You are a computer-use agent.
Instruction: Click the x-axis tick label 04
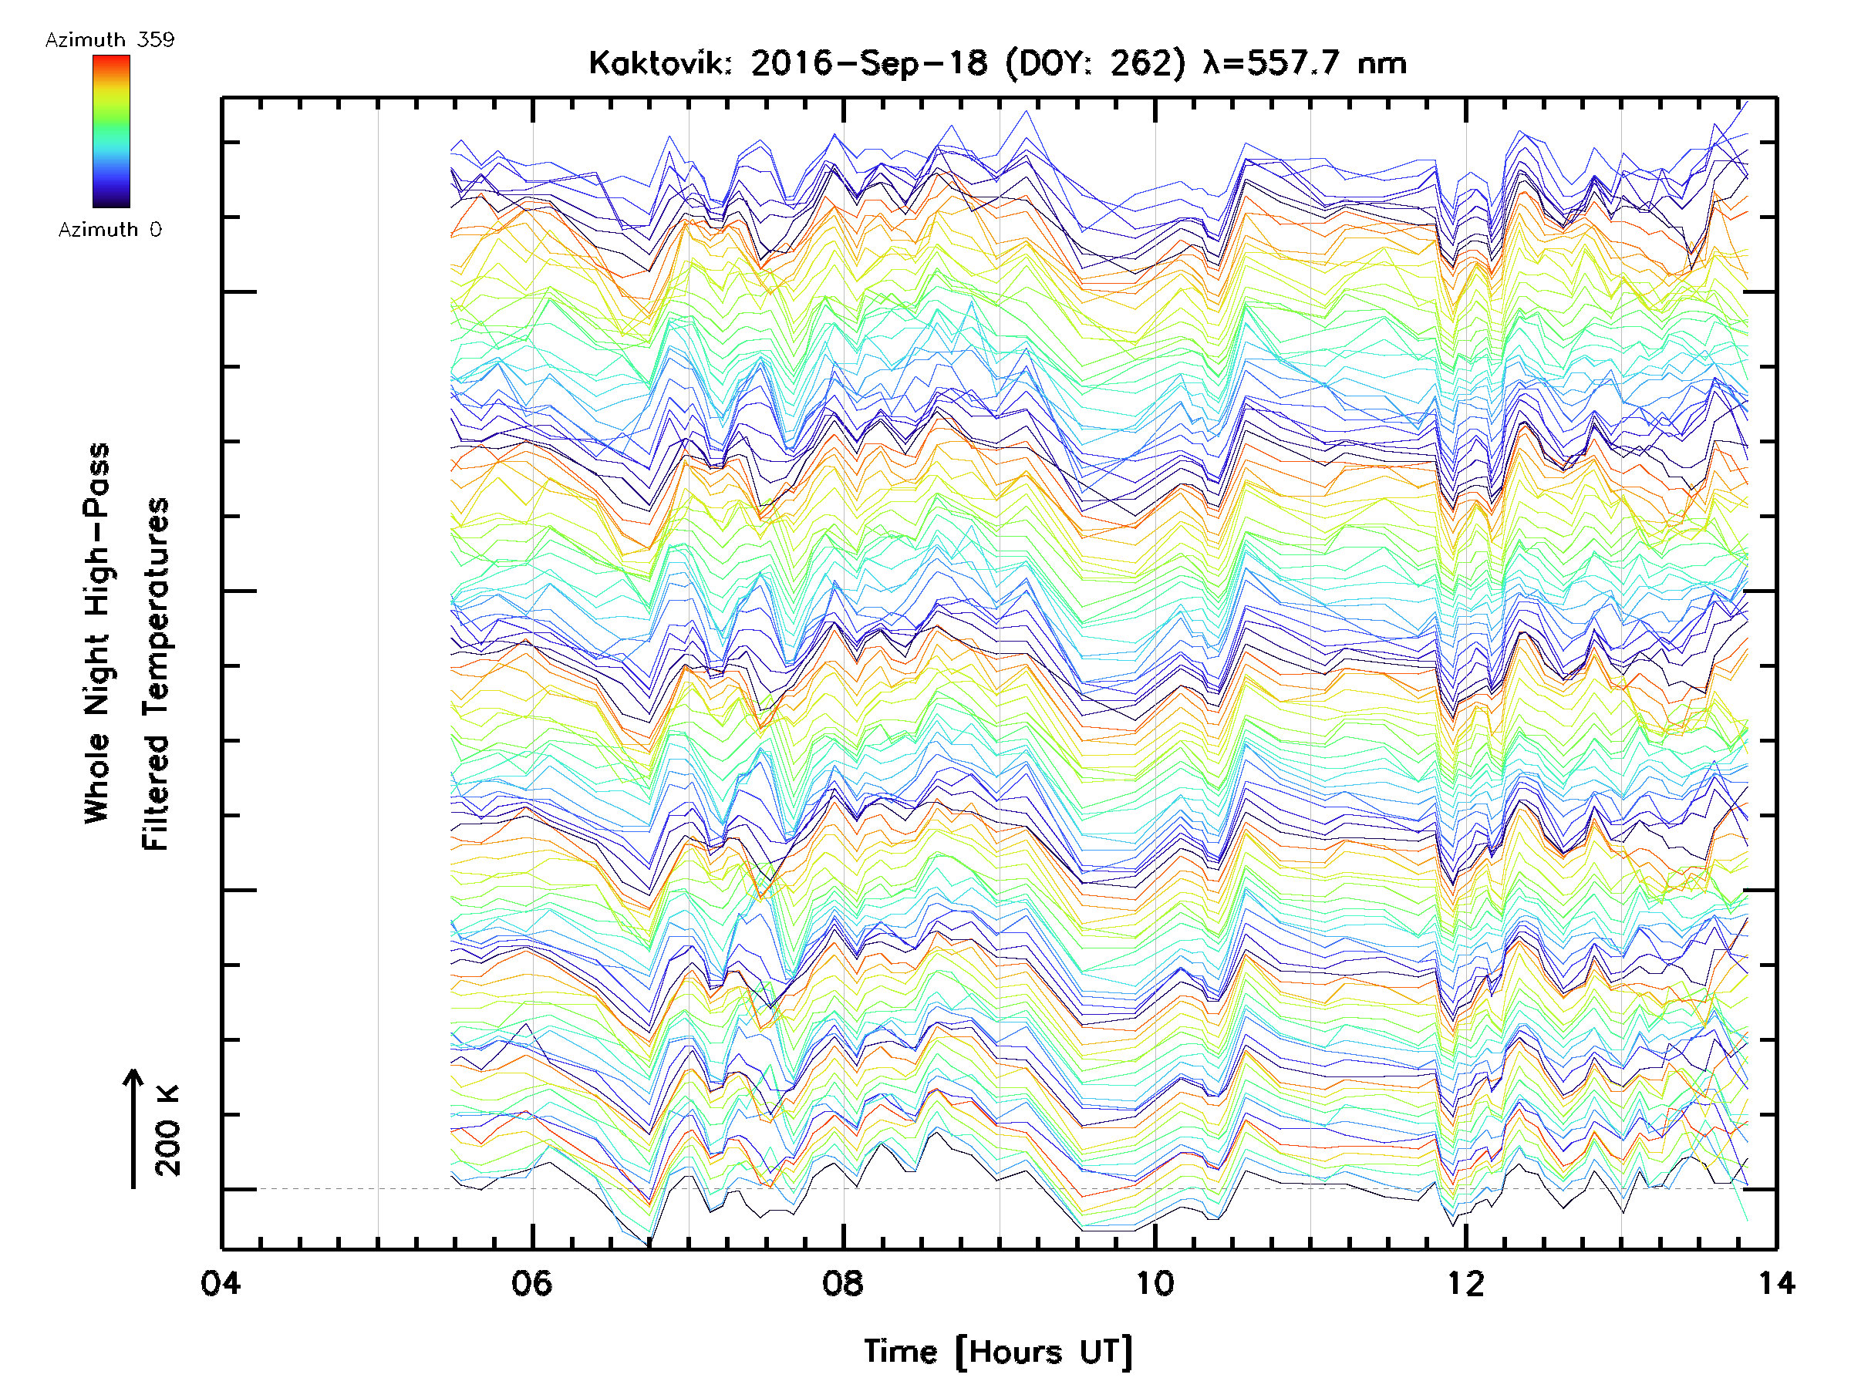pos(221,1283)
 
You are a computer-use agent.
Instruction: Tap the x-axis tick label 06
pos(532,1283)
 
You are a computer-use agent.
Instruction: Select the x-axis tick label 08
pos(843,1283)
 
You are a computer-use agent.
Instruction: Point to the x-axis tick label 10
pos(1155,1283)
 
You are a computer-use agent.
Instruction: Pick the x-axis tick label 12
pos(1466,1283)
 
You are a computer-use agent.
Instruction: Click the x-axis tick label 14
pos(1775,1283)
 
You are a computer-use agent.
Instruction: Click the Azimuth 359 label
pos(110,40)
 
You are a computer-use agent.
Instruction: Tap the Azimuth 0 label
pos(110,229)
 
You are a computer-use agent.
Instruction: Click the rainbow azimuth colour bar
pos(111,130)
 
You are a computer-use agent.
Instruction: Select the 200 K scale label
pos(167,1130)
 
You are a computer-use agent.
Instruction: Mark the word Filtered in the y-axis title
pos(156,793)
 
